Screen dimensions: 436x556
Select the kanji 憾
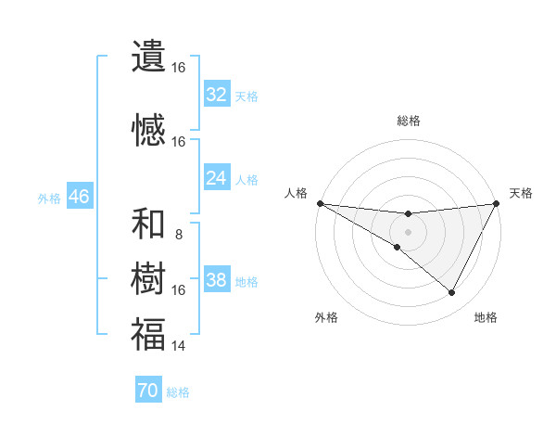tap(148, 132)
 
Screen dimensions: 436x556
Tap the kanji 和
tap(148, 224)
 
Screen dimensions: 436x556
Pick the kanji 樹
tap(148, 279)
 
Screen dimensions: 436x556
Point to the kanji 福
tap(148, 335)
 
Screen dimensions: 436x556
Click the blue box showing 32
tap(217, 95)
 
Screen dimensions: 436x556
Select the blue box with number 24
tap(217, 178)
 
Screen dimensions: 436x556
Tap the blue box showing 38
tap(217, 280)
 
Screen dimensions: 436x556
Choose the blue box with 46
tap(79, 197)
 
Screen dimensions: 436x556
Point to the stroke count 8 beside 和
tap(179, 235)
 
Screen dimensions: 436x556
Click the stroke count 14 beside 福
tap(179, 346)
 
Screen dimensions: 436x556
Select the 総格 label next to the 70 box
tap(178, 392)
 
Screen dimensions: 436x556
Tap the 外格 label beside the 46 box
tap(49, 198)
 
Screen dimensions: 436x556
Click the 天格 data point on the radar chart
tap(497, 203)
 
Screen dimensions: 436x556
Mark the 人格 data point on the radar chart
tap(320, 203)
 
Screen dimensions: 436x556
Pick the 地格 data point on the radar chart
tap(452, 293)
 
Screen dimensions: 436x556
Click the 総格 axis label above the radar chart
tap(409, 121)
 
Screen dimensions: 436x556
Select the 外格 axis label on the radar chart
tap(326, 317)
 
